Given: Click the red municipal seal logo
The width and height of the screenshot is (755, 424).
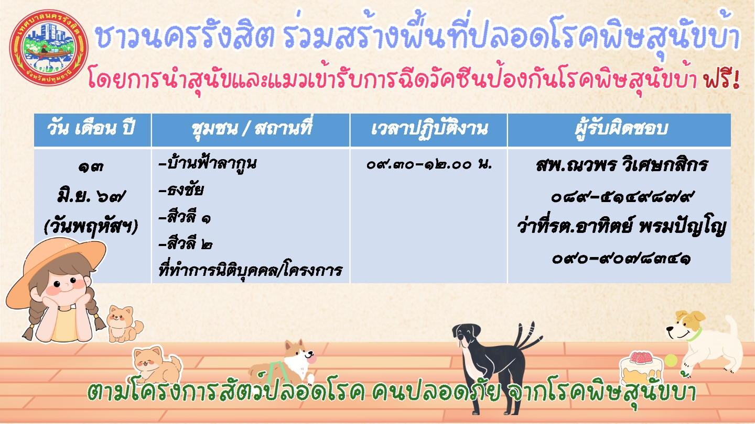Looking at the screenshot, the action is click(x=49, y=48).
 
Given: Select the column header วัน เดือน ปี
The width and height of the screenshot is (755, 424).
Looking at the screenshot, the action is click(x=91, y=129).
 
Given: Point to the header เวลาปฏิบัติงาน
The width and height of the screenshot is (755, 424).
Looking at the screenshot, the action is click(x=429, y=129).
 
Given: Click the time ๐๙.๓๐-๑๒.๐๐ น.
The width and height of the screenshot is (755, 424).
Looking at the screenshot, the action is click(x=429, y=164).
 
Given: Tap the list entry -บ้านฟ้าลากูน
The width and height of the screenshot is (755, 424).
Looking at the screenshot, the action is click(x=208, y=163).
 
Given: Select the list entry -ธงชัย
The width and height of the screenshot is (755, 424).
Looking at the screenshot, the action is click(x=181, y=190).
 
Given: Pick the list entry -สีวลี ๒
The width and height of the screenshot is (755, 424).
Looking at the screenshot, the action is click(x=186, y=243).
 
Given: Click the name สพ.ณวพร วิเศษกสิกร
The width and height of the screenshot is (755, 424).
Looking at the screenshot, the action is click(x=621, y=165).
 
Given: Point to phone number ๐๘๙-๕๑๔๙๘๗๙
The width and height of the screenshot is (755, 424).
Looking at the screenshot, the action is click(x=621, y=197).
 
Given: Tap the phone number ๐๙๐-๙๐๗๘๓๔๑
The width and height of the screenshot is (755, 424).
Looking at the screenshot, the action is click(x=621, y=259).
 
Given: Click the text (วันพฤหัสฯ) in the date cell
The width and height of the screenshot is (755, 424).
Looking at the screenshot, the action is click(x=91, y=227).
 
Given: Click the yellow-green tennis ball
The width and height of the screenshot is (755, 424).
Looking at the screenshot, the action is click(x=671, y=361).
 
